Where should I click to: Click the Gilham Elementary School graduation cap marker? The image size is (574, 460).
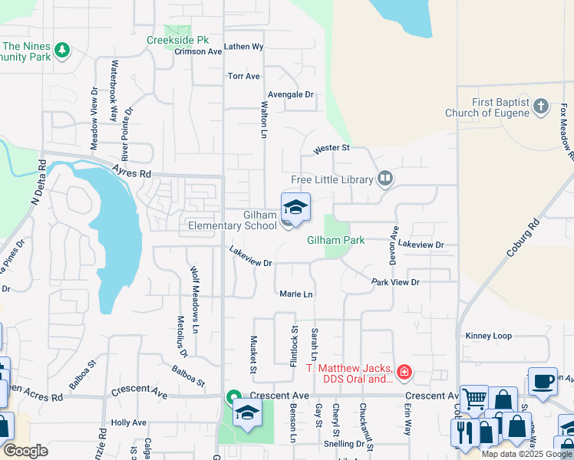295,208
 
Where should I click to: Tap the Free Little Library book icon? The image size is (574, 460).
385,179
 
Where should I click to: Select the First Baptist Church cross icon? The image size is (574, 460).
541,107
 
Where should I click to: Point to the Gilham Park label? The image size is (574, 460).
335,240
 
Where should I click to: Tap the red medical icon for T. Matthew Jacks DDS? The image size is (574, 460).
404,373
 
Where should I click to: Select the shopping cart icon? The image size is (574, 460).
474,398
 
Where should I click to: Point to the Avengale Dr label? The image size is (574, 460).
292,94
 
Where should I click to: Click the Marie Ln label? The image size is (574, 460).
296,294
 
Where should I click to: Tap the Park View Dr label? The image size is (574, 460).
395,282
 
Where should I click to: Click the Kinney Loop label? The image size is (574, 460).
488,336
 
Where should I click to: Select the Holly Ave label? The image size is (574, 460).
128,422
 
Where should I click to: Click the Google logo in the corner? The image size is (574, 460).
25,450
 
